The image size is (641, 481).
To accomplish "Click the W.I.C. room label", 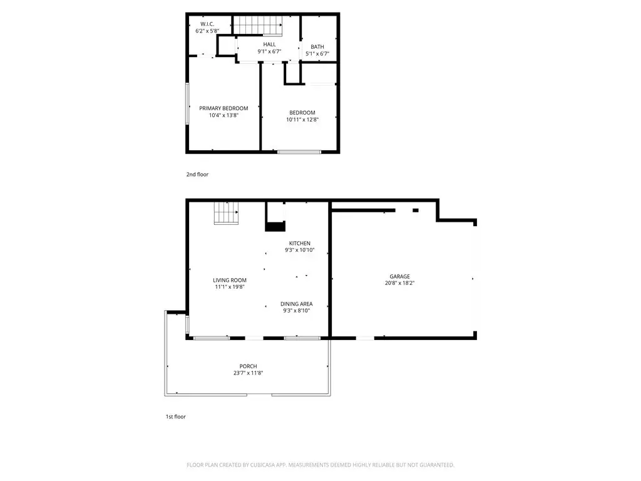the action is (207, 24).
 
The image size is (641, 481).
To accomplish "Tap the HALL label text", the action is (269, 44).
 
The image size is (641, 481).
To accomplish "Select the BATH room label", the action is (317, 46).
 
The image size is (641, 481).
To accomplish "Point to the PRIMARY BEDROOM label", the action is (223, 108).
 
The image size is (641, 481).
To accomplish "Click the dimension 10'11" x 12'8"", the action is (302, 120).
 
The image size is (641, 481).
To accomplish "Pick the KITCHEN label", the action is (300, 244).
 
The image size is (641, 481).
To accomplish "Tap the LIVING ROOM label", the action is (230, 280).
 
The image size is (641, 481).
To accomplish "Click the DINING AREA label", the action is (296, 304).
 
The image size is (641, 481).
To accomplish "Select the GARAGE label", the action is (400, 276).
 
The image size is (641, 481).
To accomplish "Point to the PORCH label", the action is (248, 366).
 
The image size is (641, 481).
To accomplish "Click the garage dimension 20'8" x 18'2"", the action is (400, 283).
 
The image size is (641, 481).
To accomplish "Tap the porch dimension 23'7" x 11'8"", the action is (248, 373).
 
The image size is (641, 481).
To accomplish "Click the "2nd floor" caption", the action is (197, 174).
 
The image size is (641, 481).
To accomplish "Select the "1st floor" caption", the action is (176, 416).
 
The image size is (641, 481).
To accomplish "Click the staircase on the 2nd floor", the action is (258, 25).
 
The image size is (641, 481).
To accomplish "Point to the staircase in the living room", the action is (226, 213).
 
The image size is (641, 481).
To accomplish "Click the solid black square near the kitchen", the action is (275, 226).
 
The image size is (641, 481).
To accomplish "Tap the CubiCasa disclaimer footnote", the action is (320, 465).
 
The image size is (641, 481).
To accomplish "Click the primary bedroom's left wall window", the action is (188, 103).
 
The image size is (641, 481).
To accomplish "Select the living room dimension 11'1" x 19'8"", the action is (230, 287).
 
